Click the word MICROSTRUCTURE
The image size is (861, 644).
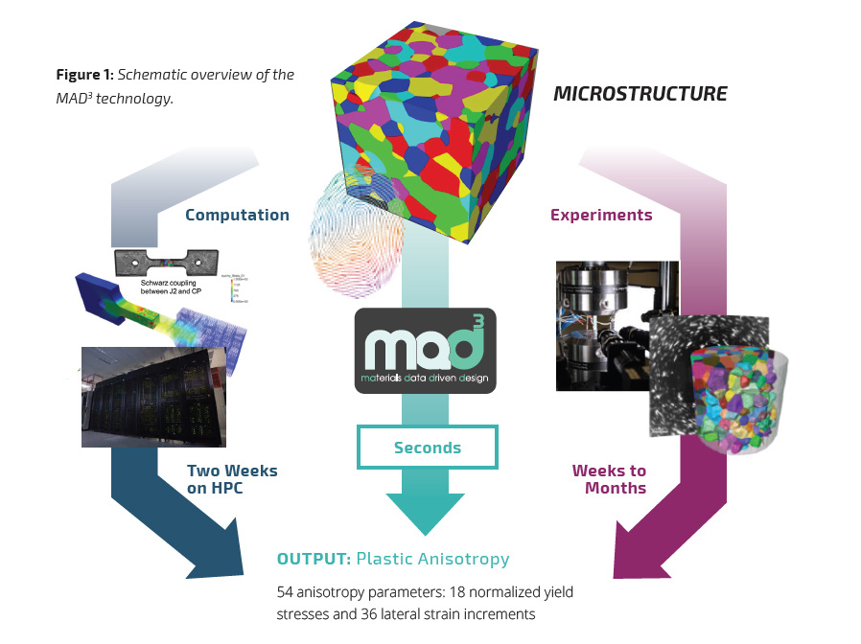[x=640, y=94]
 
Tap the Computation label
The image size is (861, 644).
[x=238, y=215]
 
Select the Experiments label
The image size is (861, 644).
[x=601, y=215]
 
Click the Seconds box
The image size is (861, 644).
[x=427, y=448]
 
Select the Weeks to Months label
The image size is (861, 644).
[x=609, y=479]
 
